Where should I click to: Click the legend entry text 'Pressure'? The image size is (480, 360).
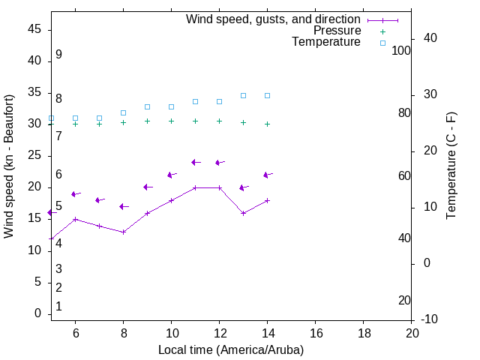pos(337,31)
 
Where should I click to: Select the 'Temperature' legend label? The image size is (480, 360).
pos(326,42)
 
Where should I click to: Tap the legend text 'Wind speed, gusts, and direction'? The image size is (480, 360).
pos(274,19)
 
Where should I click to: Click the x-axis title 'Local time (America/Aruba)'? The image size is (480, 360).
pos(231,349)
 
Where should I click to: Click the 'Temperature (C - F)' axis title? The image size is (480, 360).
pos(451,166)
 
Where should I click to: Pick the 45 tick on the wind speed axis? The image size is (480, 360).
pos(34,29)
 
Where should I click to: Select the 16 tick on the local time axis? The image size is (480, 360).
pos(316,333)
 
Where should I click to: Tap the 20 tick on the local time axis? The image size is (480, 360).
pos(412,333)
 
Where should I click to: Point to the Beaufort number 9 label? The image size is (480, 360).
pos(58,55)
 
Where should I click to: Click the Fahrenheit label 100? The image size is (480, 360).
pos(401,50)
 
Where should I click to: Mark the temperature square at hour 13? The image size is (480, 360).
pos(243,95)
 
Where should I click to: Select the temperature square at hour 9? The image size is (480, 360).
pos(147,106)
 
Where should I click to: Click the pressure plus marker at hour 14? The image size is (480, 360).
pos(267,124)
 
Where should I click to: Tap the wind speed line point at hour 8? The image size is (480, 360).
pos(123,232)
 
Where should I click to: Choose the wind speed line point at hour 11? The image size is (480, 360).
pos(195,187)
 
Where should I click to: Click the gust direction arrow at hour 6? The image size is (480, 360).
pos(75,193)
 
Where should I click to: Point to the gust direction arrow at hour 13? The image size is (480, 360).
pos(243,187)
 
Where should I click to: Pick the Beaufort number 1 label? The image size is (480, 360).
pos(58,306)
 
